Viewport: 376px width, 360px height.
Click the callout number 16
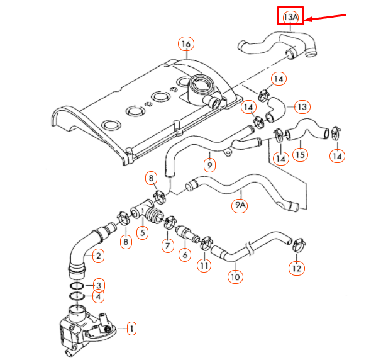tap(186, 44)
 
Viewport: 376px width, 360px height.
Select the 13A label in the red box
tap(290, 16)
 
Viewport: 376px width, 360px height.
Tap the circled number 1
tap(131, 328)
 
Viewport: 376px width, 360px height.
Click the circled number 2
tap(97, 256)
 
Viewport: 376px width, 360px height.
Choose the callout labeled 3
tap(97, 285)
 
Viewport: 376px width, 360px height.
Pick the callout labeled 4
tap(97, 296)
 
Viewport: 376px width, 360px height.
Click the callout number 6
tap(184, 255)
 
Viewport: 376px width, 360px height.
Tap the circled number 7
tap(167, 245)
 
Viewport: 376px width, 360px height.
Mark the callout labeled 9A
tap(240, 205)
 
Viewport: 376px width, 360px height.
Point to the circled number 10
tap(234, 276)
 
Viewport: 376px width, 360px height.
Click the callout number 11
tap(204, 266)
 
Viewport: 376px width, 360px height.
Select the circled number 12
tap(296, 268)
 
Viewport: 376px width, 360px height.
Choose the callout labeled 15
tap(301, 154)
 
